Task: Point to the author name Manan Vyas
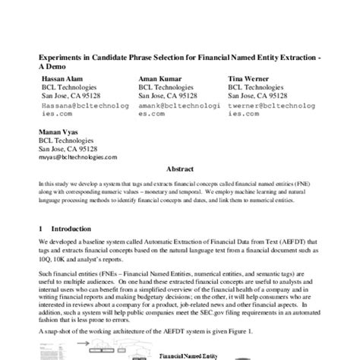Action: pos(57,131)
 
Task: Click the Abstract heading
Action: pos(179,172)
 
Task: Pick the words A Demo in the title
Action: pos(53,66)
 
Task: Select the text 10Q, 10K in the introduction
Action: pos(56,260)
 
